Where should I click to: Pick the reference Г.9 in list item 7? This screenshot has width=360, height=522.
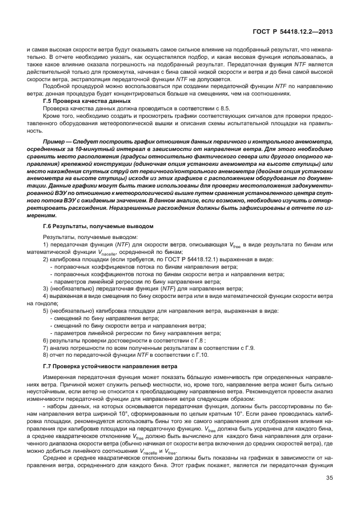[249, 347]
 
